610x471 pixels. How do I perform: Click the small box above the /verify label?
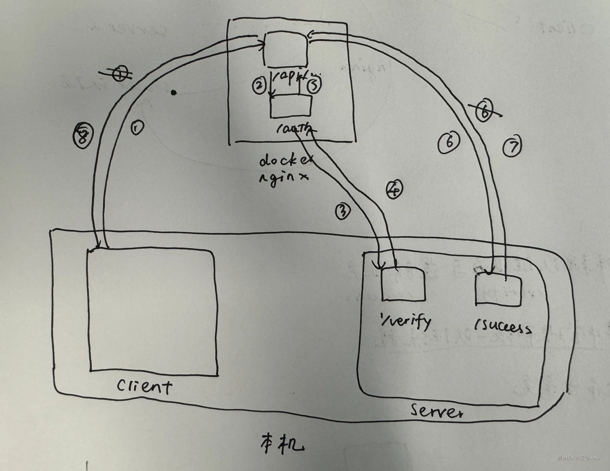pos(403,284)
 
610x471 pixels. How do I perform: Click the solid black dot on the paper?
pos(174,92)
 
